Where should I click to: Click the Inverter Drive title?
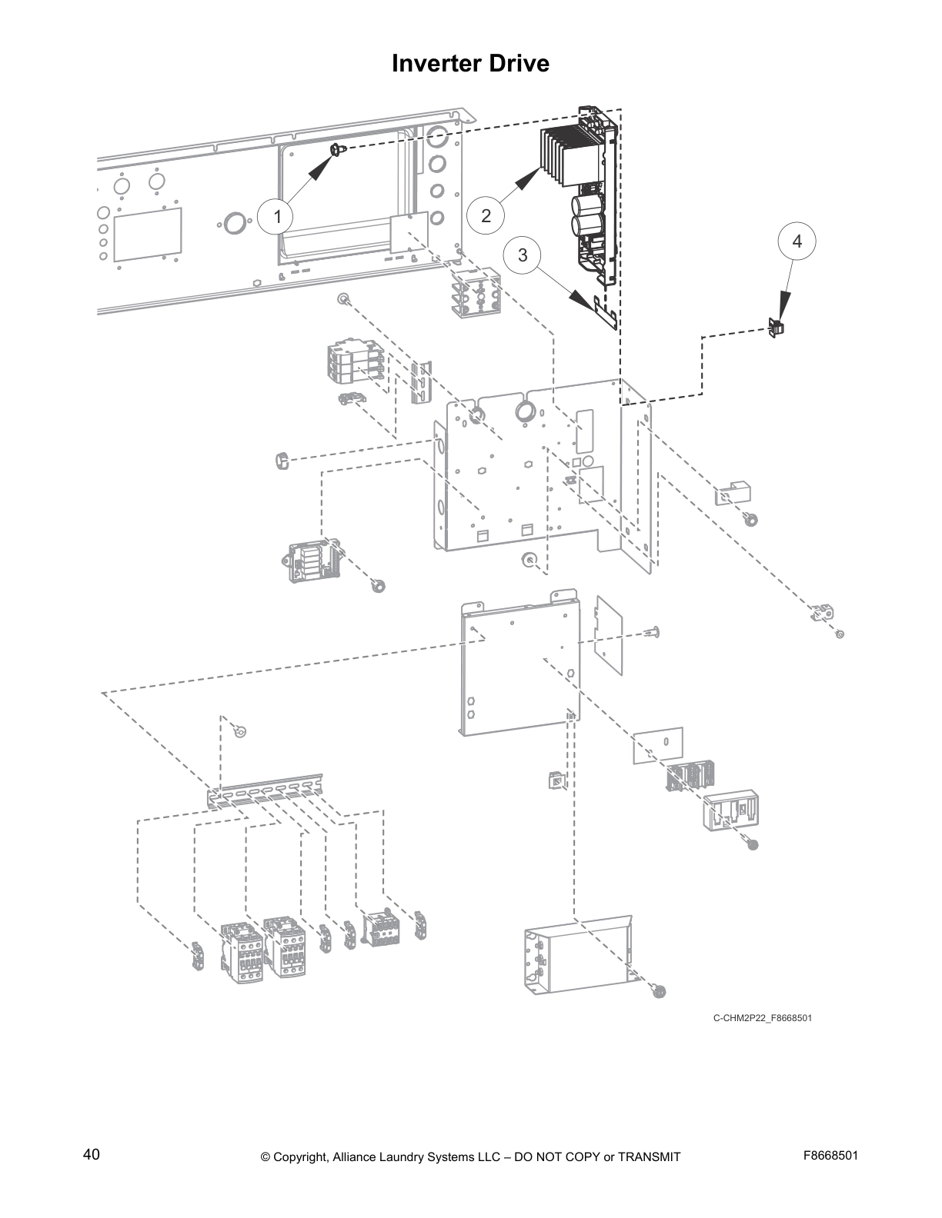pyautogui.click(x=470, y=63)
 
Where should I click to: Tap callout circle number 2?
pyautogui.click(x=486, y=216)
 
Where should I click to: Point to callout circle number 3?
pyautogui.click(x=523, y=255)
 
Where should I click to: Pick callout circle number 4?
pyautogui.click(x=797, y=241)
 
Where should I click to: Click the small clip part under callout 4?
pyautogui.click(x=776, y=328)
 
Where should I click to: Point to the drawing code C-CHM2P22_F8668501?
pyautogui.click(x=762, y=1018)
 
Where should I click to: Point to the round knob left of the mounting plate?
pyautogui.click(x=281, y=461)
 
